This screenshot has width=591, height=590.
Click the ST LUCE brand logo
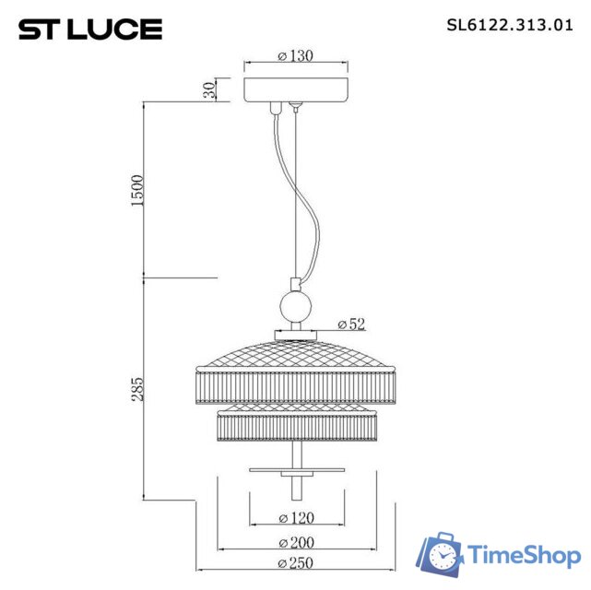[90, 29]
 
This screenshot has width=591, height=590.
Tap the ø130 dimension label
[295, 56]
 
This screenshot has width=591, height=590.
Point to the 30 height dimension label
[209, 90]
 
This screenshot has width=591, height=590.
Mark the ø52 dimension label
[351, 324]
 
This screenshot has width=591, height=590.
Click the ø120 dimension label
[295, 518]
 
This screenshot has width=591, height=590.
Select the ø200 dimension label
[295, 542]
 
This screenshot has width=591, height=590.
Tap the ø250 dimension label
[295, 564]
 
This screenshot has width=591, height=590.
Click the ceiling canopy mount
[295, 89]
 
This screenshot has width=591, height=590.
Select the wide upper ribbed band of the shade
[295, 384]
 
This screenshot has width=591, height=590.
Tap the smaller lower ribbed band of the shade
[295, 426]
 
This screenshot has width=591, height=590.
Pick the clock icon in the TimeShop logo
[443, 556]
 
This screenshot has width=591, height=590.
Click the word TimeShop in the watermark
[524, 555]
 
